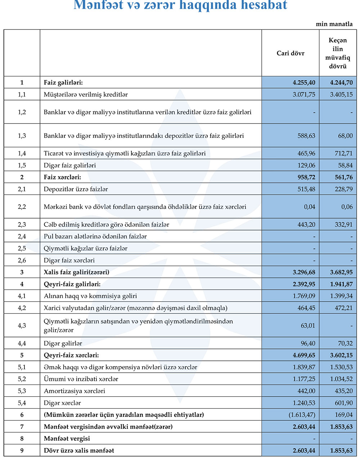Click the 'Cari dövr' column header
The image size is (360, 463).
pos(290,53)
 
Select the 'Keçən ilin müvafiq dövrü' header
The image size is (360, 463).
pos(338,53)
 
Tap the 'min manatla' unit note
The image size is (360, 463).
pos(334,24)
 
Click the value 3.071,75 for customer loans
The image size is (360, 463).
pos(304,94)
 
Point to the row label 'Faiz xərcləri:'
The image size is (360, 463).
pos(62,177)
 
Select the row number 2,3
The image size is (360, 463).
pos(22,225)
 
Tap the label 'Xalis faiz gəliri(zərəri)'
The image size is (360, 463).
pos(76,272)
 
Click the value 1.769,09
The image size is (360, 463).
pos(304,296)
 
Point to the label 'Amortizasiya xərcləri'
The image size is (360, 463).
pos(75,391)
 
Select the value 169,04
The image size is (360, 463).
pos(344,415)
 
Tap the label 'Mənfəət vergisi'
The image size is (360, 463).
pos(67,439)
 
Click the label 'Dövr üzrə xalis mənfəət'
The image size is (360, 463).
pos(79,450)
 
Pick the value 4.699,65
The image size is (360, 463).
pos(304,355)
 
